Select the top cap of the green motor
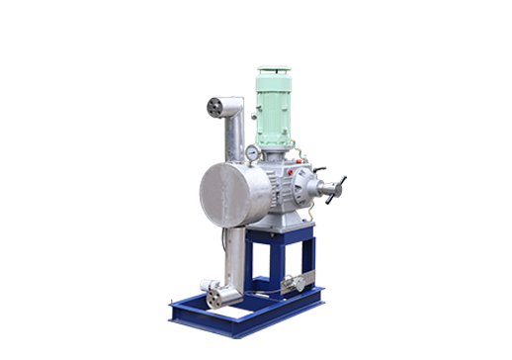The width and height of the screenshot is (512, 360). [272, 71]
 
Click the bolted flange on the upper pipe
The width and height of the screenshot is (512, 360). [215, 107]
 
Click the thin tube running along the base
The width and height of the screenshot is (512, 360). [267, 294]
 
